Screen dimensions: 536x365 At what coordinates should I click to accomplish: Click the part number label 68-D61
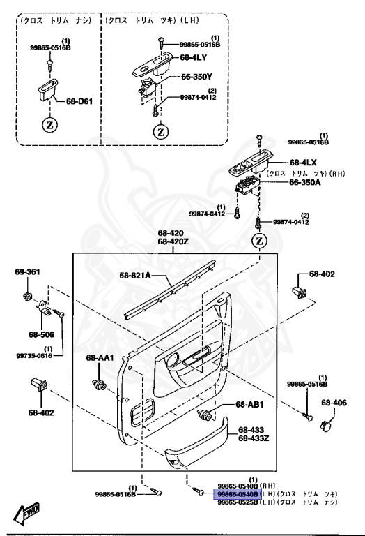79,100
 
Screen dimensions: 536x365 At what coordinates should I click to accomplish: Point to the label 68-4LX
304,162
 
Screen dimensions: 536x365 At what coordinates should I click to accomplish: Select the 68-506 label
41,334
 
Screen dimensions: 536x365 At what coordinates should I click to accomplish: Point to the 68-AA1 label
100,358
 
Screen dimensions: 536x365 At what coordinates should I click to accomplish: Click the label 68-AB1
249,404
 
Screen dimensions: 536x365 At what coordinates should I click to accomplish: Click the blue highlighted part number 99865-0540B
238,493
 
